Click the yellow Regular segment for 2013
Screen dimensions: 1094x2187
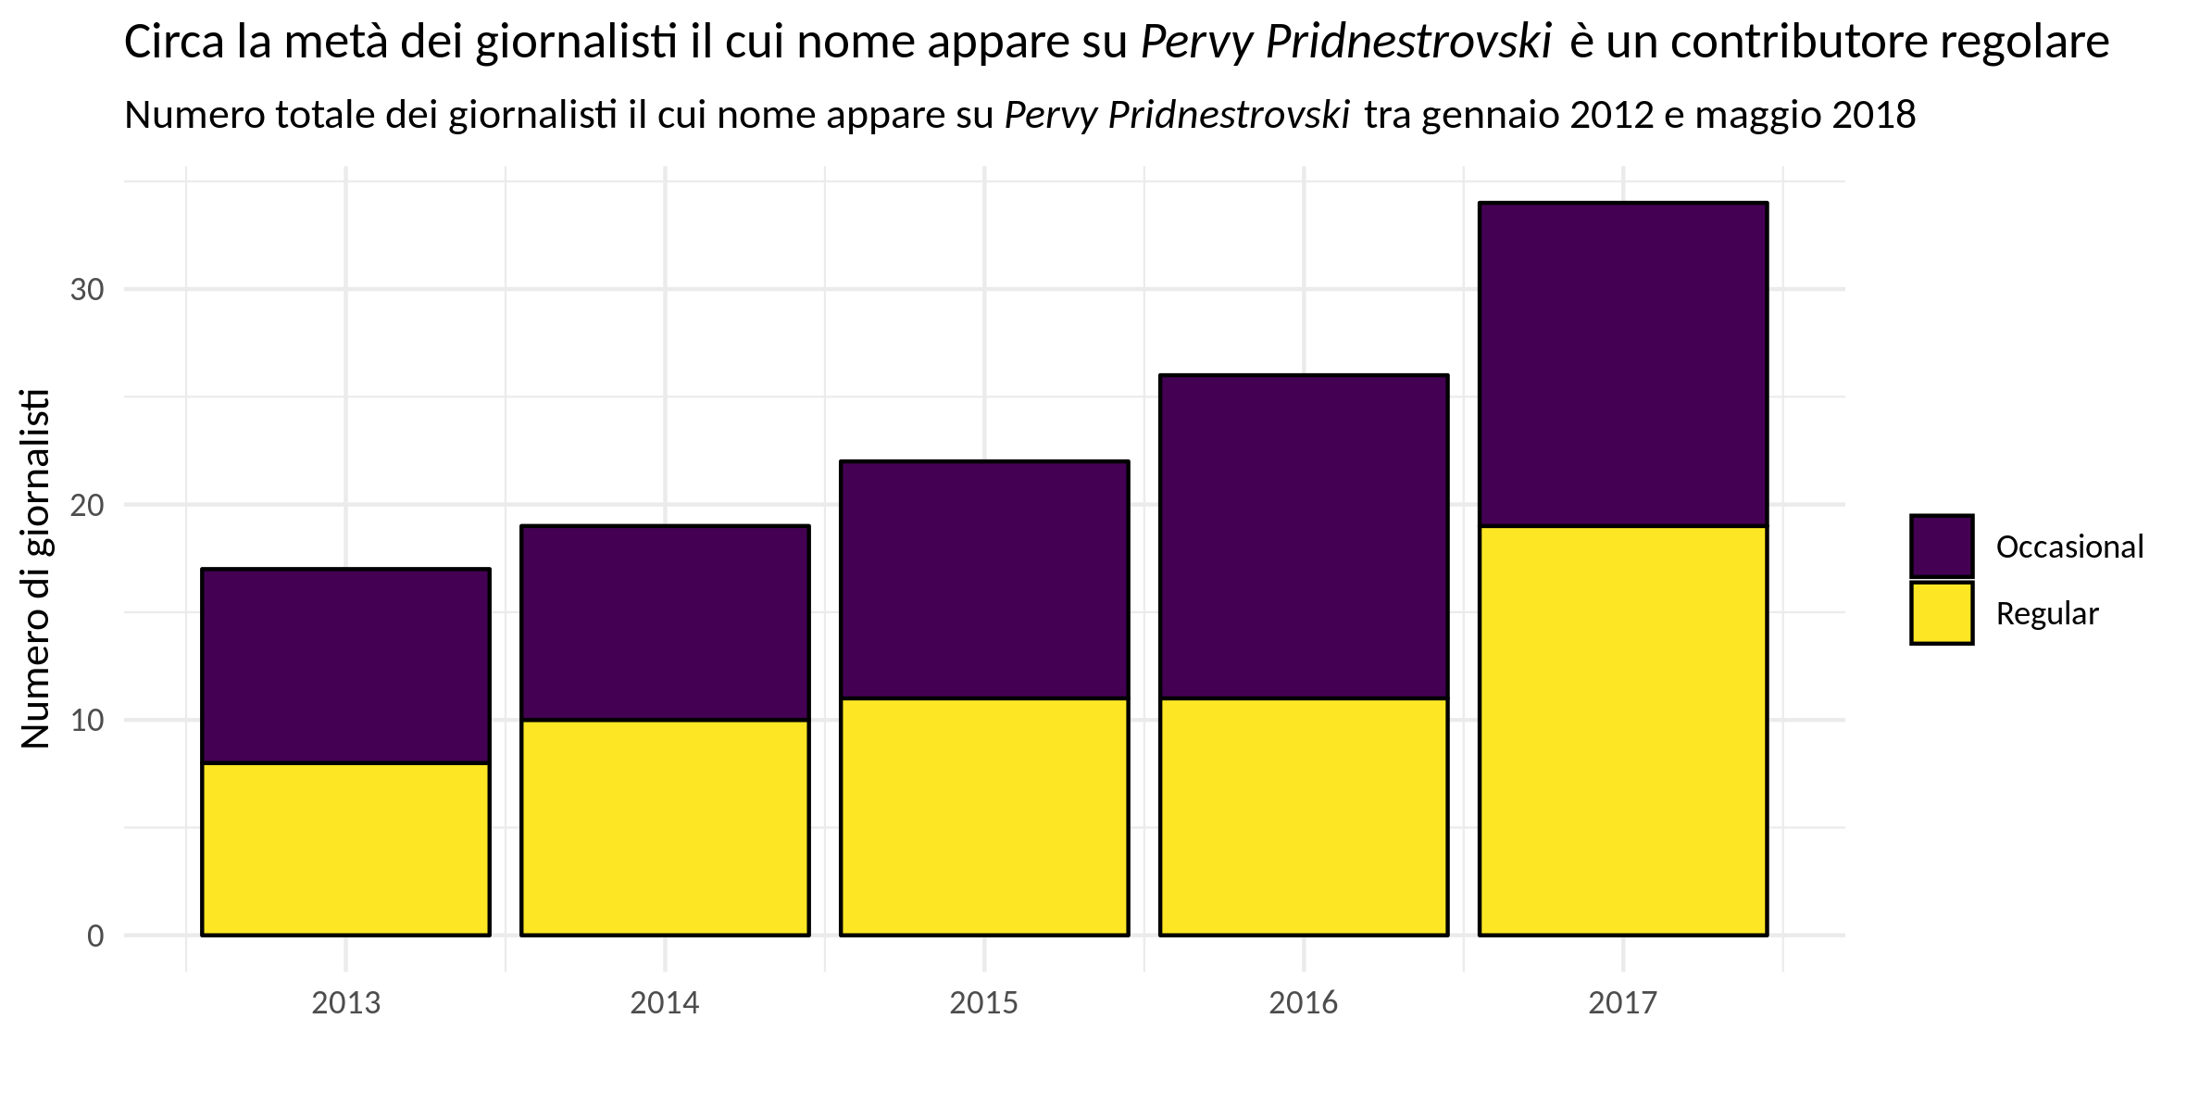345,849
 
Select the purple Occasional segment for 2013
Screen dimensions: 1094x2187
345,665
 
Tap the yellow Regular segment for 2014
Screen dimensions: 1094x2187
665,827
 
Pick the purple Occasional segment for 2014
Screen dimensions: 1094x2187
665,622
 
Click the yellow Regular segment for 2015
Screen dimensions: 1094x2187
984,816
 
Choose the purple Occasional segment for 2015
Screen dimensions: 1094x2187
984,579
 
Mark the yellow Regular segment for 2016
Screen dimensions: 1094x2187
1304,816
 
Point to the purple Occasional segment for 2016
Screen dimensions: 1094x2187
1304,536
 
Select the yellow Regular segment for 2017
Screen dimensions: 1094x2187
1623,730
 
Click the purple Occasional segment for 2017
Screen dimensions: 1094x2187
1623,364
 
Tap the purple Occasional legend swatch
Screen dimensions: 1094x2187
1942,547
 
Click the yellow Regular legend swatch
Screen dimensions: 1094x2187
1942,613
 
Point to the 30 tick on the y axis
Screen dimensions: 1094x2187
87,290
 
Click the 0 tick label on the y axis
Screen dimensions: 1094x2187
95,936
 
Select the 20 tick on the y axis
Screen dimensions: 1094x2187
87,505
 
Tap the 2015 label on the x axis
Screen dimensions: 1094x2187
984,1003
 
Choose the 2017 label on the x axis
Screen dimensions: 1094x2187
1623,1003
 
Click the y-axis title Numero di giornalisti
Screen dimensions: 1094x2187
35,569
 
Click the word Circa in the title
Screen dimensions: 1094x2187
174,43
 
